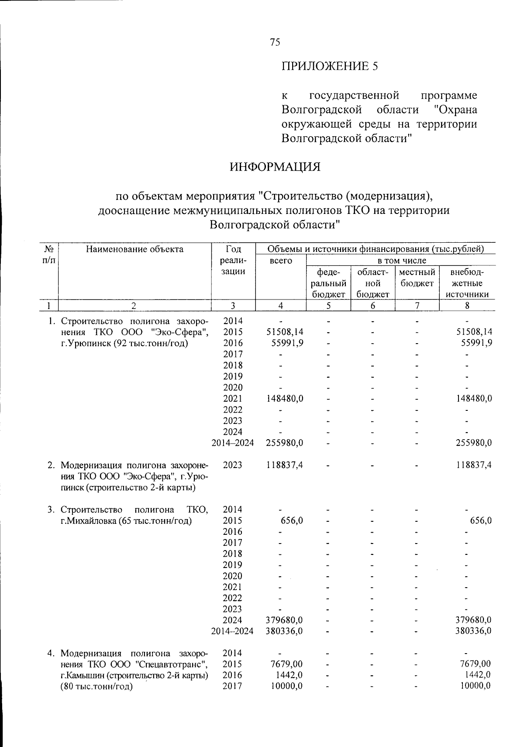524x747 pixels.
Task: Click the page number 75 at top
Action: (x=275, y=42)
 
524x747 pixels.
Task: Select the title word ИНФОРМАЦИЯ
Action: (x=275, y=167)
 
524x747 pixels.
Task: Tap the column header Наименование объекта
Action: (x=134, y=249)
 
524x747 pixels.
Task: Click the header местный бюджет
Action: (x=417, y=278)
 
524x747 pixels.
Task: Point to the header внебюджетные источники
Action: (x=467, y=283)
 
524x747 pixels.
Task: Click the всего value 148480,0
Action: (x=285, y=399)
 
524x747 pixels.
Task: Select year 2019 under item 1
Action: (x=233, y=376)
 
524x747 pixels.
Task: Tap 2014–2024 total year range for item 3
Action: (x=233, y=631)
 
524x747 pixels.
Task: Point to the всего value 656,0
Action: (x=291, y=520)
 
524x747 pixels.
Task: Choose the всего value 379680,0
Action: (x=285, y=620)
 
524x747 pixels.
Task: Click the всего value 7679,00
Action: (x=286, y=664)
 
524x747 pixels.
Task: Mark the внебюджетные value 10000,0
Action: (x=476, y=686)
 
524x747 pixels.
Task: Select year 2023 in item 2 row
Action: (x=233, y=465)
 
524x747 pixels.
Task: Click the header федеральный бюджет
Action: (x=328, y=283)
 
